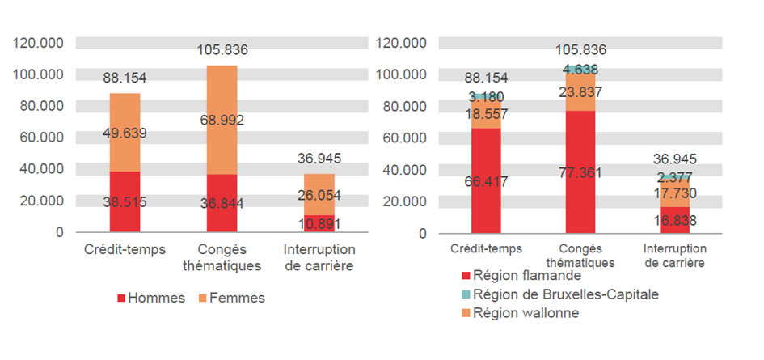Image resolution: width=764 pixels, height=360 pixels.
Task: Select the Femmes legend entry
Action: click(230, 298)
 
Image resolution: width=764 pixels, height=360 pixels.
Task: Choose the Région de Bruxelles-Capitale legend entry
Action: click(557, 294)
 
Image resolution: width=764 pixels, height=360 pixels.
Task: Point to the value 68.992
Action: click(222, 121)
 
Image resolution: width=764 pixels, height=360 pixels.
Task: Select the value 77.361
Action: click(580, 172)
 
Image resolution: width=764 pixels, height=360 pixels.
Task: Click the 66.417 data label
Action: click(487, 182)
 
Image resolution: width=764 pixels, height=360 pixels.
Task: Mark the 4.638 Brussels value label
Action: click(580, 70)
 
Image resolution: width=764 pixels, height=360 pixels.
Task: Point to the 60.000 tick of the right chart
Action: click(402, 138)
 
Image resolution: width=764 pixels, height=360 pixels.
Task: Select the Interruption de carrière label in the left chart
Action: click(319, 257)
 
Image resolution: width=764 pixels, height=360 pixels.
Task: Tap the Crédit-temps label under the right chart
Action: click(487, 248)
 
